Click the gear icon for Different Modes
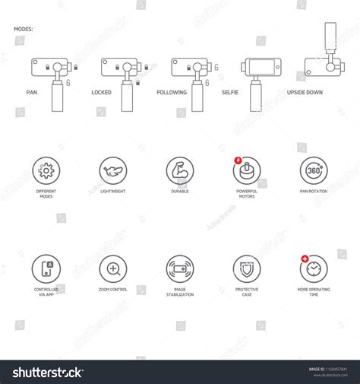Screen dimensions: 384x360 pyautogui.click(x=46, y=170)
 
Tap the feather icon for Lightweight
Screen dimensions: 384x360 pyautogui.click(x=113, y=170)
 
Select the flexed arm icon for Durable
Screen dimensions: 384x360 pyautogui.click(x=180, y=170)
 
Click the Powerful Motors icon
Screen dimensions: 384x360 pyautogui.click(x=247, y=170)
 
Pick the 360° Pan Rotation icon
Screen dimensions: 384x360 pyautogui.click(x=313, y=170)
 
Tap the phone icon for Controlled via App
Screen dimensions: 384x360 pyautogui.click(x=46, y=268)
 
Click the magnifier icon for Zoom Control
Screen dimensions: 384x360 pyautogui.click(x=113, y=268)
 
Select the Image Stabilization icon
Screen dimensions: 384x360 pyautogui.click(x=180, y=268)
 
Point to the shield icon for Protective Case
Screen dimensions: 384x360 pyautogui.click(x=247, y=268)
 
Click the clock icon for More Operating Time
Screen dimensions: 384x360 pyautogui.click(x=314, y=268)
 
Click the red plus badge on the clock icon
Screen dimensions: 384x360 pyautogui.click(x=305, y=259)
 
